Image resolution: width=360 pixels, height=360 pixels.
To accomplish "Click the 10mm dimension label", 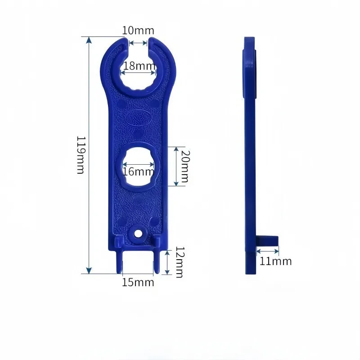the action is pos(138,31).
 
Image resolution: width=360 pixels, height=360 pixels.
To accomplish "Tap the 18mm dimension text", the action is pos(139,66).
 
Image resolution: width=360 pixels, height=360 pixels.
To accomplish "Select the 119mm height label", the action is pos(81,155).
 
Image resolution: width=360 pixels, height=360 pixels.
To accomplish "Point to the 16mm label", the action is pos(138,171).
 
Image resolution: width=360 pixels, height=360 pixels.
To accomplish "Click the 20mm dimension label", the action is pos(185,166).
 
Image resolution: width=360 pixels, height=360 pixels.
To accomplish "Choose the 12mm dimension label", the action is pos(180,262).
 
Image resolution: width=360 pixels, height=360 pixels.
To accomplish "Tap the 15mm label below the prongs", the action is pos(138,283).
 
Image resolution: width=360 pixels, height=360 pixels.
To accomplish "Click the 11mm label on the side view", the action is pos(275,261).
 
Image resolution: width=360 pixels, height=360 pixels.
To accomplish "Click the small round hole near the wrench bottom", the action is pos(138,234).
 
